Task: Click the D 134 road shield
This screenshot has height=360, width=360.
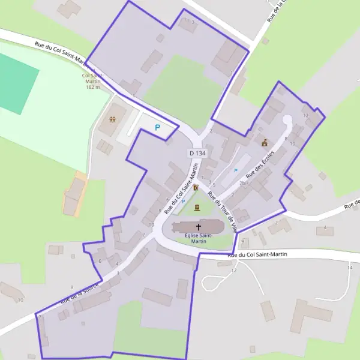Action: [x=197, y=154]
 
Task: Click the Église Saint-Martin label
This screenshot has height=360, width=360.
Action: [x=198, y=238]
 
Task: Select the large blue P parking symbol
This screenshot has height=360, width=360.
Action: [x=158, y=127]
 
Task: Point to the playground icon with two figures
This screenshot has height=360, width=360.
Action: [x=113, y=119]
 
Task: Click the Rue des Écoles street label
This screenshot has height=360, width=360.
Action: [x=260, y=166]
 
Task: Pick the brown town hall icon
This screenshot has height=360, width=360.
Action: [x=264, y=143]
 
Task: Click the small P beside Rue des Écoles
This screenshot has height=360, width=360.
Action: [x=236, y=171]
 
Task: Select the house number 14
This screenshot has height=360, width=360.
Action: [x=349, y=267]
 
